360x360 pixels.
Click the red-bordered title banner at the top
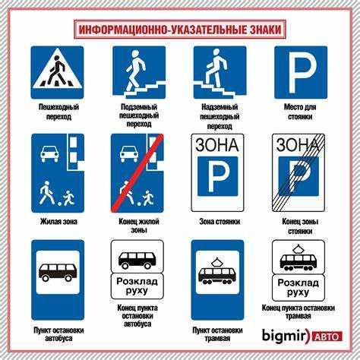coord(180,30)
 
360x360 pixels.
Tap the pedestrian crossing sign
coord(58,73)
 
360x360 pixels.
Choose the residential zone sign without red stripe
coord(58,173)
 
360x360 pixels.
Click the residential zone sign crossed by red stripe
coord(138,173)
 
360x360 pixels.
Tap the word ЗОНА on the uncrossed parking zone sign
coord(219,145)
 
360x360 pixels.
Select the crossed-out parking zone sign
coord(300,173)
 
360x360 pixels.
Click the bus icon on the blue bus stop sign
coord(58,273)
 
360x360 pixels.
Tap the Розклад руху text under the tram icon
coord(300,286)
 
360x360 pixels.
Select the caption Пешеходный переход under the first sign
coord(58,113)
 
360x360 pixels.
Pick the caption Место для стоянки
coord(300,113)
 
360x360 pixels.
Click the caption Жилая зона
coord(58,221)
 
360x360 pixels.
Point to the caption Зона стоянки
coord(219,221)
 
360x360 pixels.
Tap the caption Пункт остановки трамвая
coord(219,335)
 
